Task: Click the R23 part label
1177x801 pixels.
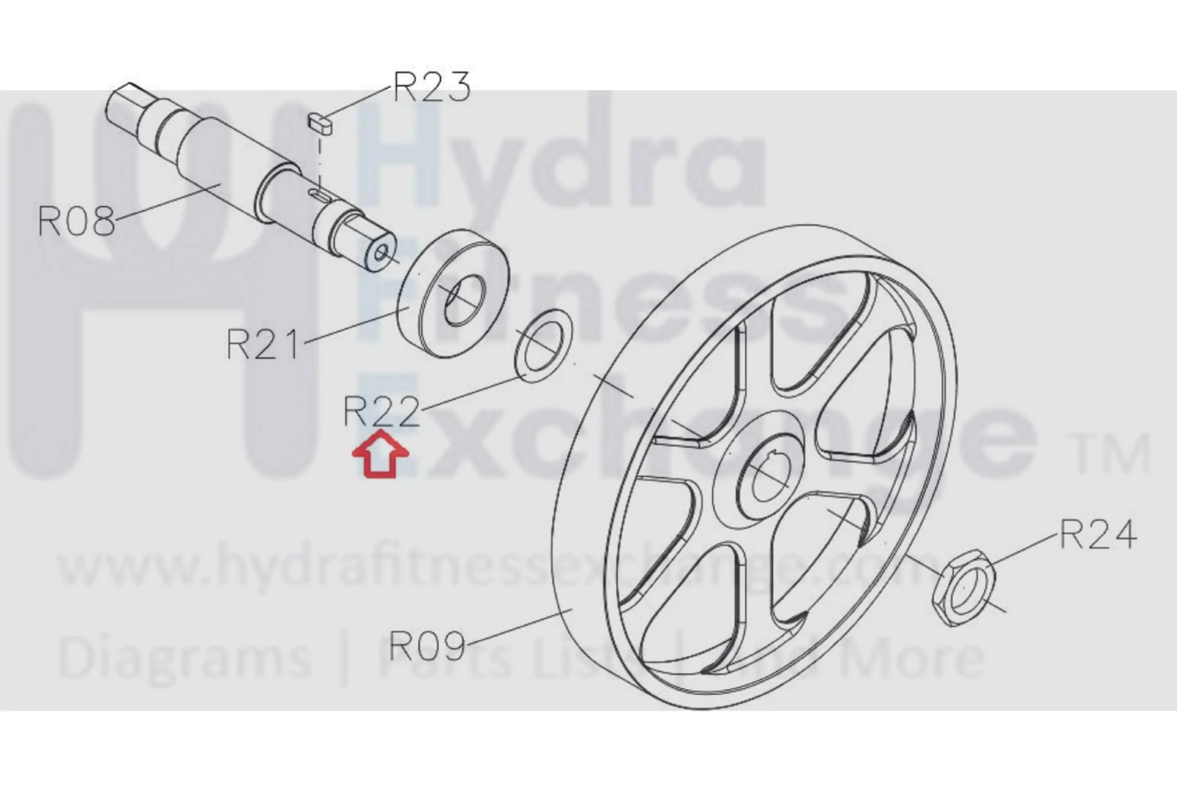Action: coord(432,87)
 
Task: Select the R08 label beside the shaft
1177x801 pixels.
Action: coord(76,221)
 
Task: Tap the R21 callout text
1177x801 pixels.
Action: coord(263,344)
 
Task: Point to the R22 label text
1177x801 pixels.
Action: coord(382,411)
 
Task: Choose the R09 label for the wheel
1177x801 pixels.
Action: coord(427,645)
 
